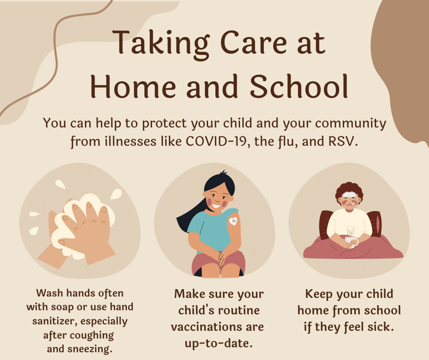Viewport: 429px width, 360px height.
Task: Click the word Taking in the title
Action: point(161,44)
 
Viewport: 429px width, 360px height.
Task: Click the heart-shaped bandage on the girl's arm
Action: point(233,221)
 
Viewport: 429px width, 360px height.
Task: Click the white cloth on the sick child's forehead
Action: point(349,195)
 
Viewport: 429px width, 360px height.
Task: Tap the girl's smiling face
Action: point(218,198)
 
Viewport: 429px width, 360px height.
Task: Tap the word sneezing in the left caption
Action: point(89,349)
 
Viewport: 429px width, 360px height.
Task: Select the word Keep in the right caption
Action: point(319,294)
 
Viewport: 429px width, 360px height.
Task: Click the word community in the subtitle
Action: point(351,123)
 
